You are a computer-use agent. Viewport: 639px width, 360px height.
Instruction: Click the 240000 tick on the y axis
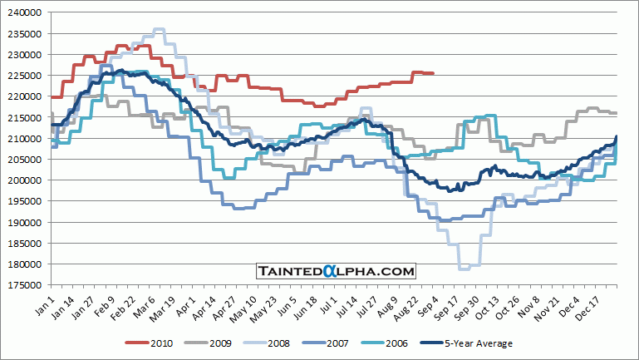22,12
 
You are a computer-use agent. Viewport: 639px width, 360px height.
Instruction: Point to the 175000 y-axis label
22,264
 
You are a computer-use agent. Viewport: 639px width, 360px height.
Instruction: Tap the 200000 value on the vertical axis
22,180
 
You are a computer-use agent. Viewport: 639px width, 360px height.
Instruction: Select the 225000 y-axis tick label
22,76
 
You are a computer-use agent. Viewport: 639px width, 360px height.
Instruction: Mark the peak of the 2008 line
159,29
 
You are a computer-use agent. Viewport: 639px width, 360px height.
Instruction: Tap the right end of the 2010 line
433,73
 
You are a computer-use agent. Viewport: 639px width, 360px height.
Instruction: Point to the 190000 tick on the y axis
22,223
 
